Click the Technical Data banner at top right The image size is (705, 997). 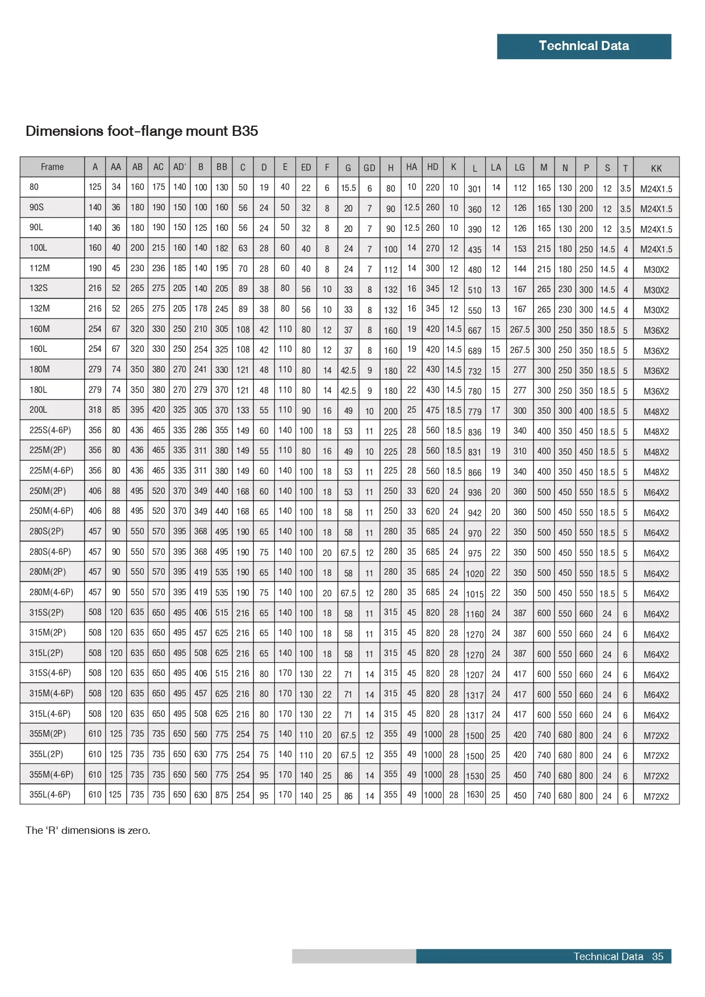[x=583, y=46]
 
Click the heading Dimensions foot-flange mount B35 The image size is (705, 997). [x=141, y=131]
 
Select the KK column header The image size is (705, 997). [x=656, y=168]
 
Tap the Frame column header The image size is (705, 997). [x=52, y=167]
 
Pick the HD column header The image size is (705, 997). [x=433, y=167]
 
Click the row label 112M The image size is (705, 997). [x=40, y=268]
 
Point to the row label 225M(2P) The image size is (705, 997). [x=48, y=450]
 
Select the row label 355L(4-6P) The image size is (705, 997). [x=50, y=795]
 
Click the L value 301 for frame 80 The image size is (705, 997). [x=475, y=189]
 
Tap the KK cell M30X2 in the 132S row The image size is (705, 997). [x=656, y=290]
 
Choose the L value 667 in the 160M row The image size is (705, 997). [x=475, y=330]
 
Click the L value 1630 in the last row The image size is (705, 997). [x=475, y=795]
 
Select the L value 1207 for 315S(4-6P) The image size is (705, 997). [x=475, y=675]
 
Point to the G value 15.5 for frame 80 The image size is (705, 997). [x=348, y=188]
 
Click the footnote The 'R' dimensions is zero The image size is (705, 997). [x=88, y=830]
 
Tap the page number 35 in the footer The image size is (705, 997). [x=657, y=957]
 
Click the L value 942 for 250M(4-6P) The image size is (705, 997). [x=475, y=513]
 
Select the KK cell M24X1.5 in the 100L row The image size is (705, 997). [x=656, y=250]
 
